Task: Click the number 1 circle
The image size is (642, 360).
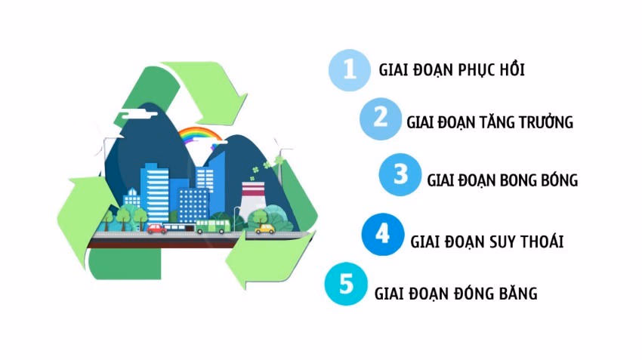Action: click(x=347, y=69)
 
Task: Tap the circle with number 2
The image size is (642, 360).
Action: click(x=381, y=118)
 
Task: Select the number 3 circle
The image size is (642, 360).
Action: click(x=400, y=175)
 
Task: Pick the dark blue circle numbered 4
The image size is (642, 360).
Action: click(x=382, y=235)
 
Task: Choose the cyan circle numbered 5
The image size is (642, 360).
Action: click(x=346, y=285)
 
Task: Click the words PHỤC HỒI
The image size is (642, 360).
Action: click(x=491, y=70)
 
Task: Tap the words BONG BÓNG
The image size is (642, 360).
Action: click(x=537, y=180)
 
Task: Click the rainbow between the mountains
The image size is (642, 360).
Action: click(x=199, y=135)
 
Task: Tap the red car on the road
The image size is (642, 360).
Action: click(x=156, y=228)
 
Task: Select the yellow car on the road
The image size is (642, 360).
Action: click(x=264, y=228)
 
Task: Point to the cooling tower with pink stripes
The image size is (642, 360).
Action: click(x=252, y=199)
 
